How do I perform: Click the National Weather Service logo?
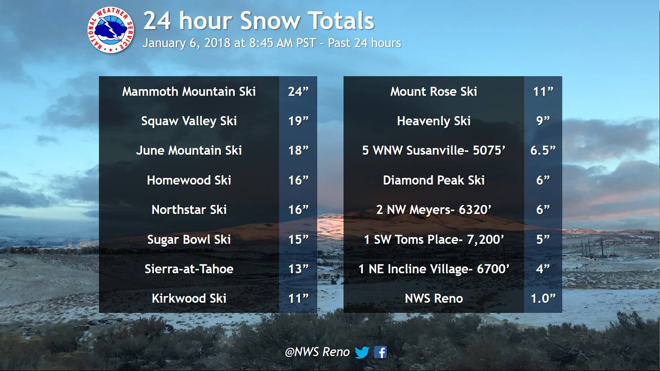(111, 30)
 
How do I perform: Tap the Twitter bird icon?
(362, 352)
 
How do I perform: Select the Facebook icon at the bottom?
(380, 352)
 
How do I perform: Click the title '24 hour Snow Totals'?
(258, 21)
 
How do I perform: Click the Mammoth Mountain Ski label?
(189, 91)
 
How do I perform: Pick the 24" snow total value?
(298, 91)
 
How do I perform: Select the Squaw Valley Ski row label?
(189, 121)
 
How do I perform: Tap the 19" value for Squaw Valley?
(298, 121)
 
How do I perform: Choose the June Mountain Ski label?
(189, 151)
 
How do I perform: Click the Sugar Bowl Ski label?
(189, 239)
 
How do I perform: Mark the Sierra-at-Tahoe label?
(189, 269)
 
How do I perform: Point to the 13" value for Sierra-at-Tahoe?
(298, 269)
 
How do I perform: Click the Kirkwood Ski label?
(189, 298)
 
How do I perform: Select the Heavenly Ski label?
(434, 121)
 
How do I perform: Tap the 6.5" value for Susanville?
(543, 151)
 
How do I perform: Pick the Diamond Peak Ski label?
(434, 180)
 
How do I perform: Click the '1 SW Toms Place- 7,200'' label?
(434, 239)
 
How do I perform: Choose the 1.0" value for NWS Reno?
(543, 298)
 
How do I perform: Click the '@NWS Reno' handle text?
(317, 352)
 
